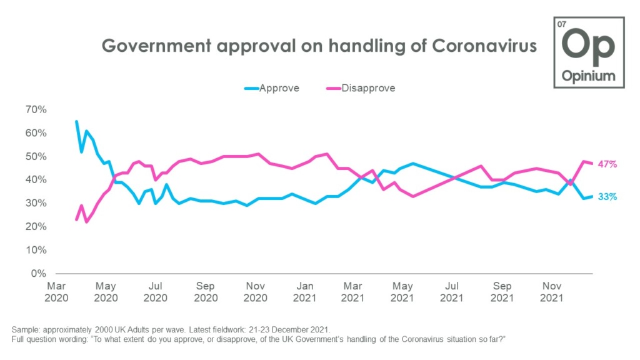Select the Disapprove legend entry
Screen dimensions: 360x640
368,88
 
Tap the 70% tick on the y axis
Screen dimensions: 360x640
35,109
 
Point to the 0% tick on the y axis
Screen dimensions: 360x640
38,274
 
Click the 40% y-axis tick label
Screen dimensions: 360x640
35,180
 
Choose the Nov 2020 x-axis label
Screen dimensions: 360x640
254,292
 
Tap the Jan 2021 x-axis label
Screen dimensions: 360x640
304,292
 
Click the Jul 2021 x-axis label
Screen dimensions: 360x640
452,292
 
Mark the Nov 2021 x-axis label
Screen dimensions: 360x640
551,292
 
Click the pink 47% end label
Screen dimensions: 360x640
608,164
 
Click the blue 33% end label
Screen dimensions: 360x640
608,197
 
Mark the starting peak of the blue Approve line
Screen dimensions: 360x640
76,121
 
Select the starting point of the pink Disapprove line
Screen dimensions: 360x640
76,219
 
